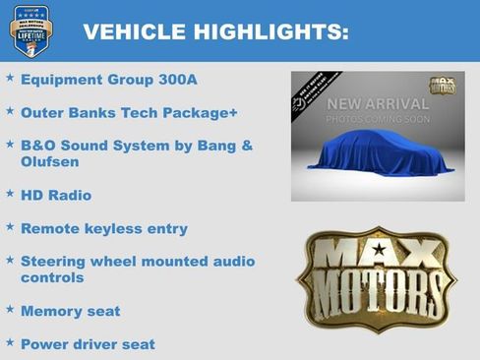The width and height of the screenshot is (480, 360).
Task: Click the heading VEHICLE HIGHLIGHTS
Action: pyautogui.click(x=215, y=31)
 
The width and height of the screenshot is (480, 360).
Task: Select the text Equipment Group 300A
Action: pyautogui.click(x=104, y=80)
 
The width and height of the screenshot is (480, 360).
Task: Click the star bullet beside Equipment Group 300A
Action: pyautogui.click(x=10, y=78)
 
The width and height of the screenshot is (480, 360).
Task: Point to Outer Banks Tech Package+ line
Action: pyautogui.click(x=129, y=113)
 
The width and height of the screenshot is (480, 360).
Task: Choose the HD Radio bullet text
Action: pyautogui.click(x=56, y=196)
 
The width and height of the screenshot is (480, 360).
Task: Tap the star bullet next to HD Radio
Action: pyautogui.click(x=10, y=194)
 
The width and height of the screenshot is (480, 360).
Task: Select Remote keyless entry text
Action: pyautogui.click(x=104, y=229)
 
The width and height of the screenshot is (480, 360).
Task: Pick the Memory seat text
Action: pyautogui.click(x=71, y=311)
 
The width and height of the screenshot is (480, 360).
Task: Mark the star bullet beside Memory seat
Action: pyautogui.click(x=10, y=309)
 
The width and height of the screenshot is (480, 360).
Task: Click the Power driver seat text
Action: pyautogui.click(x=88, y=344)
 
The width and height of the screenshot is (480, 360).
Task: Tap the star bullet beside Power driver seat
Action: pyautogui.click(x=10, y=342)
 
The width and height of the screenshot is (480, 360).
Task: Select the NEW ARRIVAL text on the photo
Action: pyautogui.click(x=378, y=104)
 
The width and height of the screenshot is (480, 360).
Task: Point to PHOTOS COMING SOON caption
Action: pyautogui.click(x=378, y=120)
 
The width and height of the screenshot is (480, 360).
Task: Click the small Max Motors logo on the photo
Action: pyautogui.click(x=442, y=87)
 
